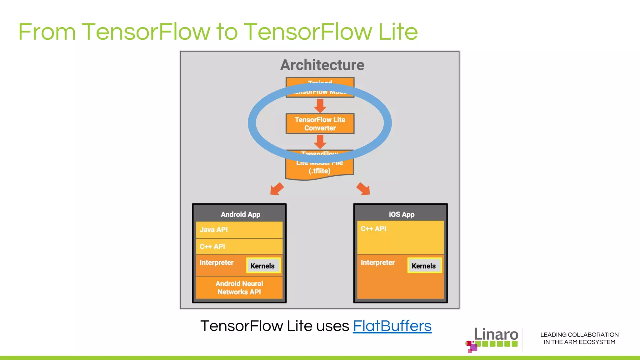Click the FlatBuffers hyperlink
[x=392, y=326]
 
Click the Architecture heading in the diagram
[x=322, y=65]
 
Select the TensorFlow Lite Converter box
[x=320, y=124]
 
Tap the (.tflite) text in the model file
[x=319, y=171]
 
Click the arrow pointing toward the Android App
[x=277, y=189]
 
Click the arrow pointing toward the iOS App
[x=363, y=189]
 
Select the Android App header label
[x=240, y=214]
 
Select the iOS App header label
[x=401, y=214]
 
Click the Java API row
[x=239, y=230]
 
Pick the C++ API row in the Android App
[x=239, y=247]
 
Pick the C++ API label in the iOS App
[x=373, y=229]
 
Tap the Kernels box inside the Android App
[x=263, y=266]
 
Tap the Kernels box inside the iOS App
[x=424, y=266]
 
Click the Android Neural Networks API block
[x=239, y=288]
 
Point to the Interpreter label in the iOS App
[x=377, y=262]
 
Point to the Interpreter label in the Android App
[x=217, y=262]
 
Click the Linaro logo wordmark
[x=496, y=335]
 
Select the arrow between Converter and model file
[x=320, y=142]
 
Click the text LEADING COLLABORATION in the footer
[x=579, y=335]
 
